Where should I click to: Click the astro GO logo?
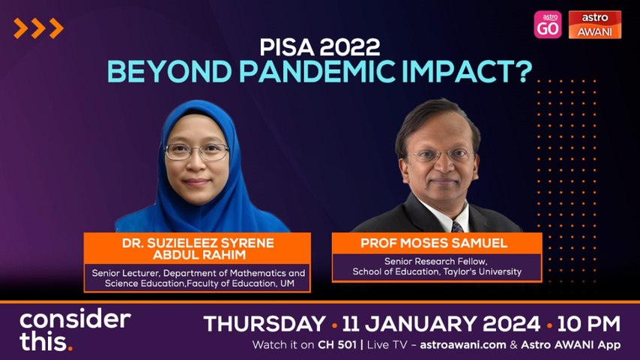pos(548,25)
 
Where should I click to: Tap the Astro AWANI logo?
pos(595,25)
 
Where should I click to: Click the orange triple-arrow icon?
pos(38,28)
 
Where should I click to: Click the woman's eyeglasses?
pos(197,151)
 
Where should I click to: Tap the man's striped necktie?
pos(456,226)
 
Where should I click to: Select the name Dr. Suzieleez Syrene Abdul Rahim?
pos(197,249)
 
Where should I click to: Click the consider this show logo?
pos(75,330)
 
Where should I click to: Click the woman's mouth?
pos(197,181)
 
